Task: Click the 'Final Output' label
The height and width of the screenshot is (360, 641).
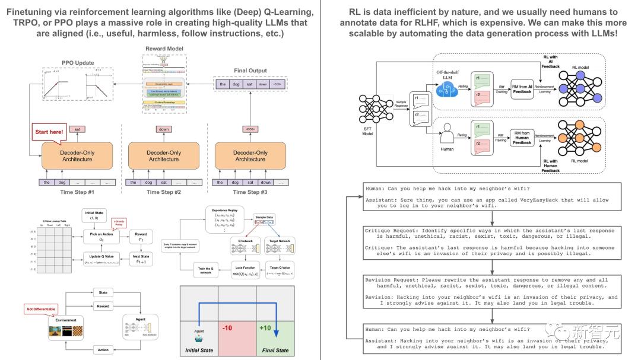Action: [x=250, y=70]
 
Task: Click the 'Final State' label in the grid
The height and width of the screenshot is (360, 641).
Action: [x=274, y=350]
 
